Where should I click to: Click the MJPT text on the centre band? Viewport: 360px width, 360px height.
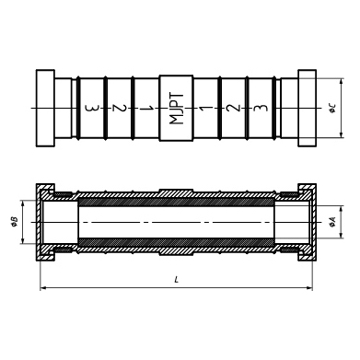(177, 109)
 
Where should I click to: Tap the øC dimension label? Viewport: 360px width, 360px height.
(332, 108)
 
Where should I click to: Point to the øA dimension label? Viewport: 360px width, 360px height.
(332, 222)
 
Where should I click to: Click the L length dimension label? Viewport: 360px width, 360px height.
(176, 280)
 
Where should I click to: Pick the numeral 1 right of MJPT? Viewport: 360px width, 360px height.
(206, 108)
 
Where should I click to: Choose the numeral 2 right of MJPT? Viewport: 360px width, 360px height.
(233, 108)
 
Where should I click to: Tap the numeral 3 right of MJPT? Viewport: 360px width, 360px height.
(261, 108)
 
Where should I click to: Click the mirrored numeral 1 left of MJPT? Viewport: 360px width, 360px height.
(146, 108)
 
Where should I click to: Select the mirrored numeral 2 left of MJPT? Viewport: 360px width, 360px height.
(119, 108)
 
